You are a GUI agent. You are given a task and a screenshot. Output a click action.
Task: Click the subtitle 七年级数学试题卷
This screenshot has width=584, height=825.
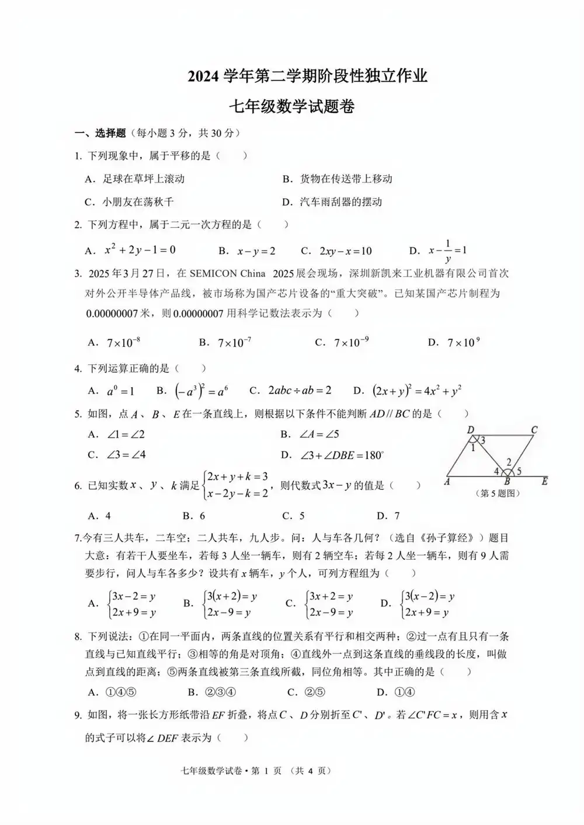[291, 106]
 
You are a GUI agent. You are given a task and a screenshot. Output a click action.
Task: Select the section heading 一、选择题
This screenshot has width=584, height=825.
[100, 133]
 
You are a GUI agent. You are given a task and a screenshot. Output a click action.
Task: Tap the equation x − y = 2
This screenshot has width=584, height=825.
[256, 251]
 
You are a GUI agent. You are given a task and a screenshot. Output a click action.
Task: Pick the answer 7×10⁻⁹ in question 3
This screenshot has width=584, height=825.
[351, 343]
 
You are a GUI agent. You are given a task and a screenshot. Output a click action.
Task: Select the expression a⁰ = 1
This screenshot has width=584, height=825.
[120, 391]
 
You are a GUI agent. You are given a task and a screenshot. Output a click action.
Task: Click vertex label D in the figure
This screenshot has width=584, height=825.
[471, 430]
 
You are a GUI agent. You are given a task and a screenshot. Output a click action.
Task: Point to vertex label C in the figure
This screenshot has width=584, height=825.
[534, 430]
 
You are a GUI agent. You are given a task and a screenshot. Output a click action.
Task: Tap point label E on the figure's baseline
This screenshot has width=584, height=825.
[544, 481]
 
